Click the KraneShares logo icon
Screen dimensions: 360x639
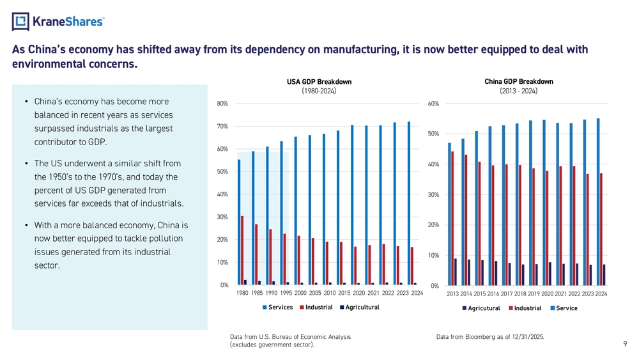click(20, 22)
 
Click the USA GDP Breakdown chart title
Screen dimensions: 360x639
click(319, 82)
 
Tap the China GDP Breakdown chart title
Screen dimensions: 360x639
click(518, 82)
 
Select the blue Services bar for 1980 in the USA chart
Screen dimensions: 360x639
click(239, 221)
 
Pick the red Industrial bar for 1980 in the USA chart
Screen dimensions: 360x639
click(242, 250)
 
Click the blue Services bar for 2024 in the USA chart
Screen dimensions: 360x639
click(409, 203)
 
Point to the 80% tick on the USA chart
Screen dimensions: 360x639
click(222, 104)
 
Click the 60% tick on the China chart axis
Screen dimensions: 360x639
click(433, 104)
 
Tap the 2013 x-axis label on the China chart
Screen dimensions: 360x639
click(452, 294)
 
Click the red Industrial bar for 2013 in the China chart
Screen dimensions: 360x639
click(453, 218)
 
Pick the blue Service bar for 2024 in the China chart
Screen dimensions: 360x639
click(598, 201)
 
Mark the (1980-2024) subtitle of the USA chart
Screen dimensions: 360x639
click(319, 91)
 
